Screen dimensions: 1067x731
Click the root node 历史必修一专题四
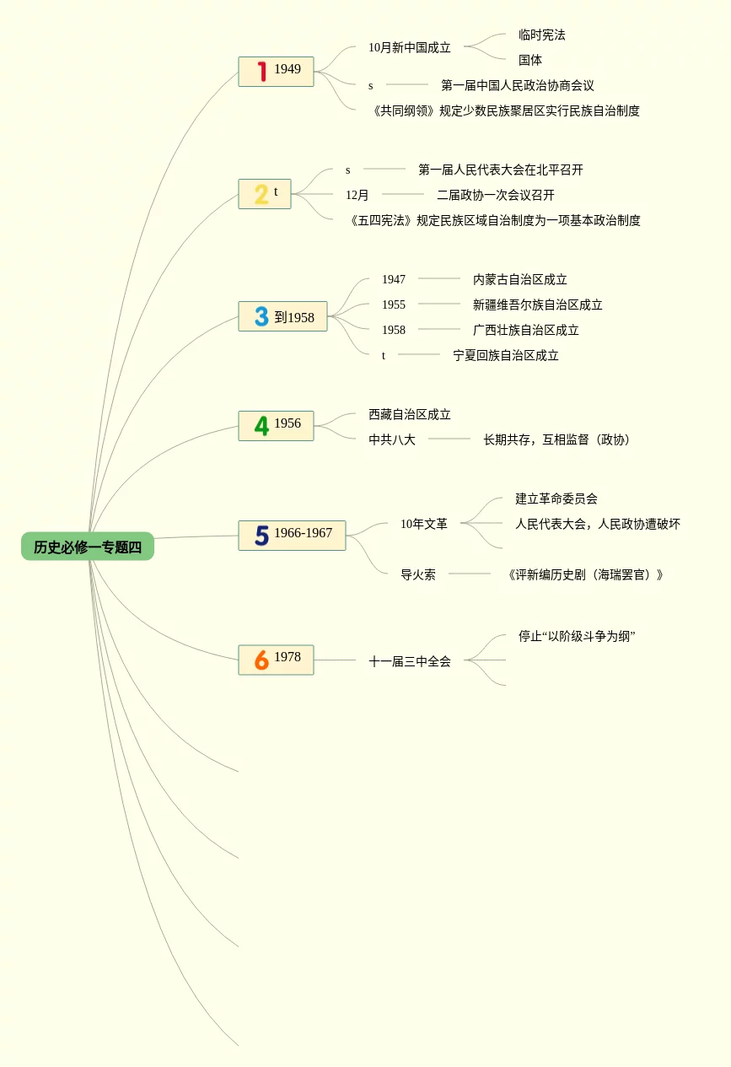pyautogui.click(x=88, y=547)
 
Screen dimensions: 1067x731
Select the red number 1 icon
pyautogui.click(x=262, y=72)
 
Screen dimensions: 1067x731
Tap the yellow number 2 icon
pyautogui.click(x=261, y=195)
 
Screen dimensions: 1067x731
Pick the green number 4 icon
pyautogui.click(x=261, y=426)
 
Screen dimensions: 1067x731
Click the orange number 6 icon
pyautogui.click(x=261, y=660)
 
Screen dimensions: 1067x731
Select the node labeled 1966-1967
pyautogui.click(x=303, y=533)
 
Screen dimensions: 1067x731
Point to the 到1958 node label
pyautogui.click(x=294, y=317)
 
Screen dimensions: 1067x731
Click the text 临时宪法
pyautogui.click(x=541, y=35)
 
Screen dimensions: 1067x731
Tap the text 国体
pyautogui.click(x=529, y=60)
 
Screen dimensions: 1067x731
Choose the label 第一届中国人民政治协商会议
pyautogui.click(x=517, y=85)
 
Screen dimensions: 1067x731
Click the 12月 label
pyautogui.click(x=357, y=195)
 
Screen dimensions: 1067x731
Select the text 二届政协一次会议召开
pyautogui.click(x=495, y=195)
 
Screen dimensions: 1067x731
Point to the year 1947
pyautogui.click(x=393, y=279)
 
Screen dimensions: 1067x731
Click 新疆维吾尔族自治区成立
pyautogui.click(x=537, y=304)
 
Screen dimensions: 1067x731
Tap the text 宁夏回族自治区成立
pyautogui.click(x=505, y=355)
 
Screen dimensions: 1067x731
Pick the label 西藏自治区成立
pyautogui.click(x=409, y=414)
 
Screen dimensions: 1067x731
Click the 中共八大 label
pyautogui.click(x=391, y=439)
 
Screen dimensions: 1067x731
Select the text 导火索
pyautogui.click(x=417, y=574)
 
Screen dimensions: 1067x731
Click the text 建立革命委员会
pyautogui.click(x=556, y=498)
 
